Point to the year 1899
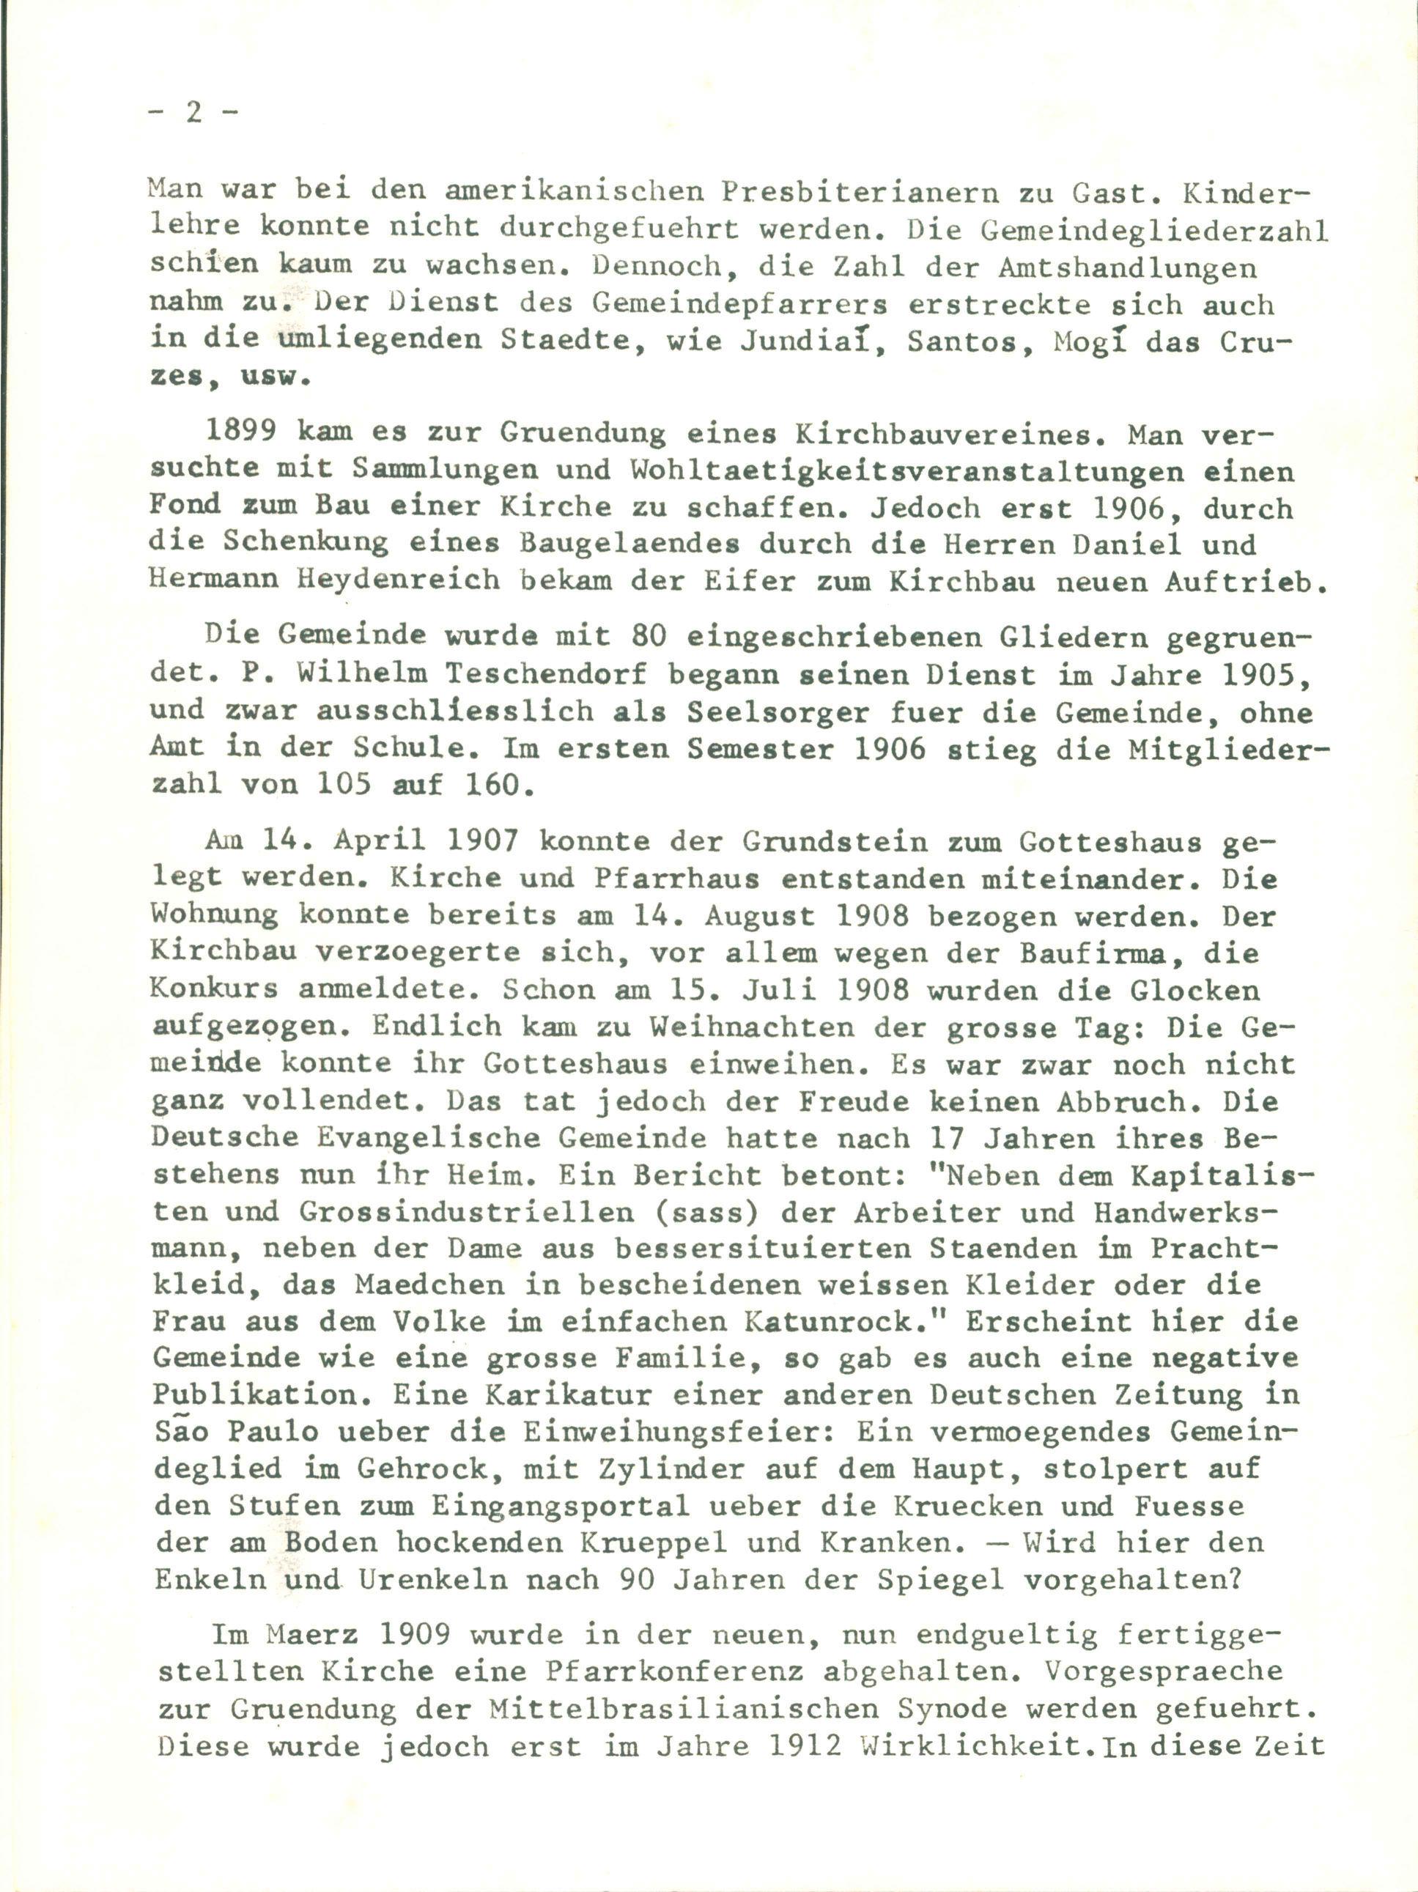coord(240,433)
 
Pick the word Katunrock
coord(849,1321)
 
